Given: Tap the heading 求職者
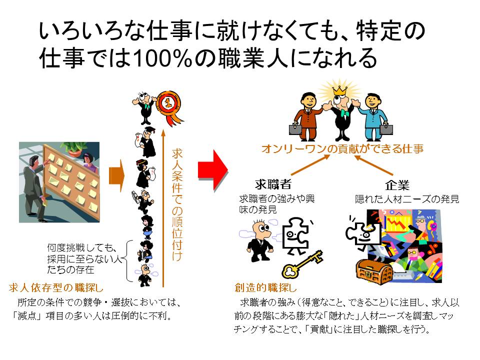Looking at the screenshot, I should (x=273, y=183).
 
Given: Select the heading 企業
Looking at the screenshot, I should (x=397, y=184).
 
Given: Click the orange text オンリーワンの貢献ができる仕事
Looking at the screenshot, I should (x=342, y=148).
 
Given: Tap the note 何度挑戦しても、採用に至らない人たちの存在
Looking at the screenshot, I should (x=82, y=258).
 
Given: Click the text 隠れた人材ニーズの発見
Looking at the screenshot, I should (x=407, y=199).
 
